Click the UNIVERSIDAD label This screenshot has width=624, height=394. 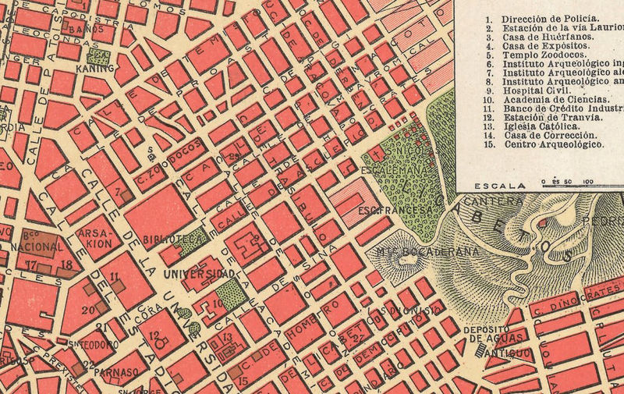tap(199, 274)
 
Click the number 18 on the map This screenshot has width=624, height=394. tap(67, 266)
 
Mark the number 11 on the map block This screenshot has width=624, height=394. tap(114, 276)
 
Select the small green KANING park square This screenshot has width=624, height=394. tap(98, 56)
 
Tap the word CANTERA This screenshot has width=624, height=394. tap(492, 201)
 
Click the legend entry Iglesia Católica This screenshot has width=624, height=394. tap(541, 125)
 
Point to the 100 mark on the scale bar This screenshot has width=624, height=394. tap(587, 182)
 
